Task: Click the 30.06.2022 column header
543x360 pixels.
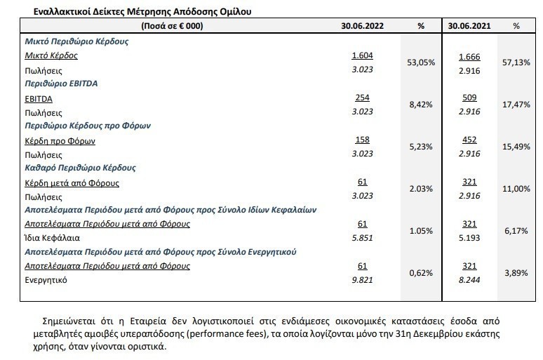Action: coord(362,26)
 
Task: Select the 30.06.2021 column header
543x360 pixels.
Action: coord(469,26)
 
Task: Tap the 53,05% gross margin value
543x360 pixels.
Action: coord(421,62)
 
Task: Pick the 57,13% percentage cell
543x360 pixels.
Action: coord(516,62)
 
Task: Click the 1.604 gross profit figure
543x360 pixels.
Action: coord(362,55)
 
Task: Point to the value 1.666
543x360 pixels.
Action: coord(469,57)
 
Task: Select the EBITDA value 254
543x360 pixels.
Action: coord(362,98)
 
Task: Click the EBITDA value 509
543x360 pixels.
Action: coord(469,98)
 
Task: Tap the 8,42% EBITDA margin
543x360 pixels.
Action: coord(421,105)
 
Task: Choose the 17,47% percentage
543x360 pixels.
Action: coord(516,105)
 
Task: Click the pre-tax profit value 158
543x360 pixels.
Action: coord(362,140)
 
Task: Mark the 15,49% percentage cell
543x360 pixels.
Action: coord(516,147)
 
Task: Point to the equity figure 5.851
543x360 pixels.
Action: coord(362,238)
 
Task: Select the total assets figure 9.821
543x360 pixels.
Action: coord(362,280)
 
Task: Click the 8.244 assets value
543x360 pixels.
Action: coord(469,280)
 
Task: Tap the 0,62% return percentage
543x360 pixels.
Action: coord(421,273)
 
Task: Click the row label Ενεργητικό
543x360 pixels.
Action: coord(46,280)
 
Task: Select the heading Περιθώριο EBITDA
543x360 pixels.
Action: coord(61,84)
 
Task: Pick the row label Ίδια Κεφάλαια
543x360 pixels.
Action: coord(53,238)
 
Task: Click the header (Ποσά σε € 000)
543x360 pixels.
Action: coord(172,26)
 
